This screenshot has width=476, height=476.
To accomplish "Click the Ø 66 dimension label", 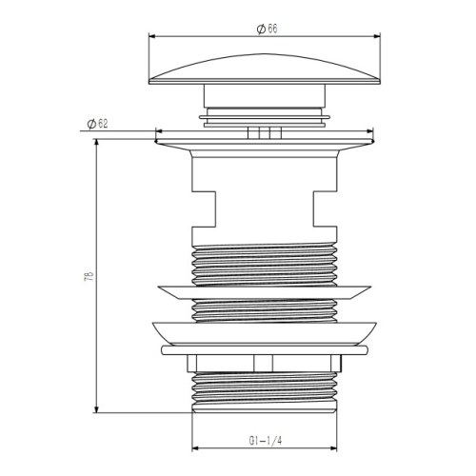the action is click(x=267, y=29).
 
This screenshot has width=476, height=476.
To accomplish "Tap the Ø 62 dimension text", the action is click(x=97, y=124).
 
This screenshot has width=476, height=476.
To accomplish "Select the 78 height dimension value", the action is click(x=89, y=276).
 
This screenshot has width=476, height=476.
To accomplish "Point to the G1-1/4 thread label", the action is click(x=265, y=441).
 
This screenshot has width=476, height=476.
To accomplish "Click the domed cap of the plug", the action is click(x=265, y=69).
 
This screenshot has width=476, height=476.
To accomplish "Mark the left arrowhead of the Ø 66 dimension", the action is click(x=151, y=36).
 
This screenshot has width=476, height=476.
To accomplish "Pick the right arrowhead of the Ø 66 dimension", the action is click(x=377, y=36).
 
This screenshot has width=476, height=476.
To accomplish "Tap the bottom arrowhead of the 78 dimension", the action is click(x=97, y=409).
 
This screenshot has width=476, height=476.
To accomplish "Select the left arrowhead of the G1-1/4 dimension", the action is click(x=195, y=448).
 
